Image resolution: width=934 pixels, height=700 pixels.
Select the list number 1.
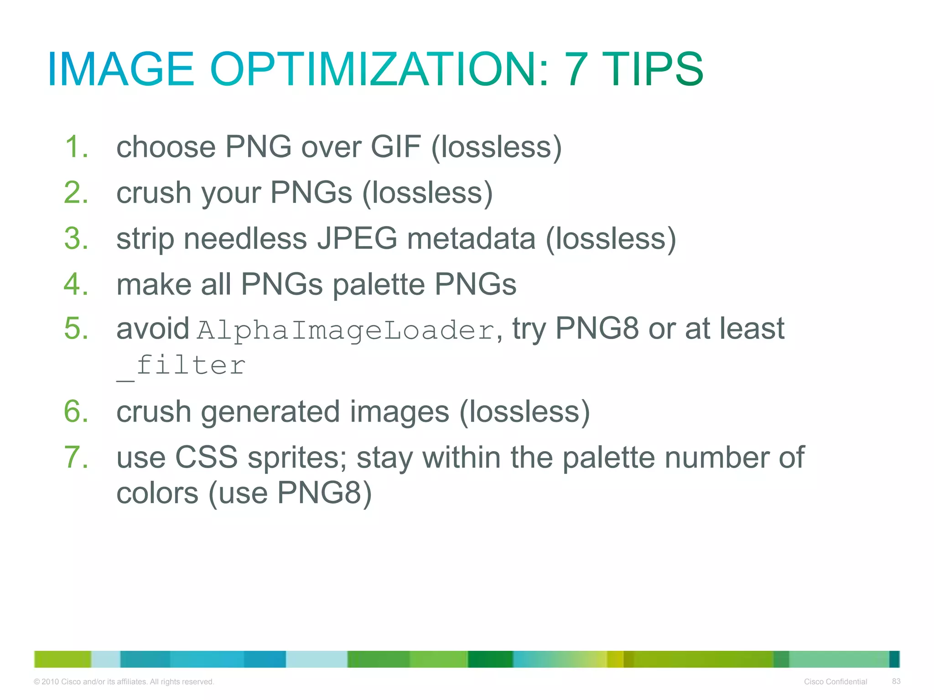click(75, 147)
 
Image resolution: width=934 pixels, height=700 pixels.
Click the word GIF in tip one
click(395, 147)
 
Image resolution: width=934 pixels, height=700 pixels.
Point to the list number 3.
click(76, 238)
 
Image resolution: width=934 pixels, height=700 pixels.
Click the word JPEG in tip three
click(357, 238)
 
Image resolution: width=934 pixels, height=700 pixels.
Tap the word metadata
click(471, 238)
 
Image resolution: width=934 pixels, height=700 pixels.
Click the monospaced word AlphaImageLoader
click(346, 330)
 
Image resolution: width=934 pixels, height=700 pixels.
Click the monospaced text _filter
click(181, 366)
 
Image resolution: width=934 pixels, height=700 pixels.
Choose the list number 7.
click(76, 457)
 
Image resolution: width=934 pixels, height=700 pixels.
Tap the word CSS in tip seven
click(206, 457)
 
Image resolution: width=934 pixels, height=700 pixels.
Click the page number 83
click(896, 681)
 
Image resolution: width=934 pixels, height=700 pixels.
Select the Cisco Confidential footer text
click(835, 681)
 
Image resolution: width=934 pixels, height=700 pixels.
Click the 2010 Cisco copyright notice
click(124, 681)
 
